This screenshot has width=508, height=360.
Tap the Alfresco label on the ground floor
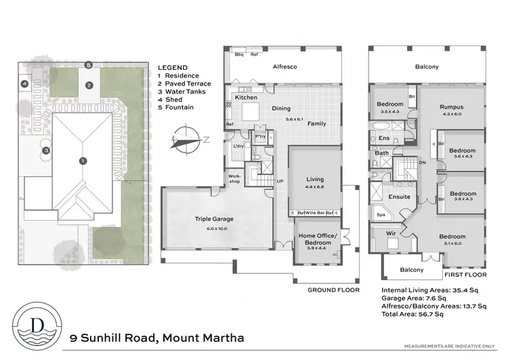click(285, 67)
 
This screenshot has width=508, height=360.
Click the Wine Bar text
click(314, 213)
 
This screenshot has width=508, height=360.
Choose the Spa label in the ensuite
click(381, 216)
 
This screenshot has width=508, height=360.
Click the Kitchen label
click(245, 98)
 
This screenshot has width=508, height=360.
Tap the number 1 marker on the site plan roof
click(83, 161)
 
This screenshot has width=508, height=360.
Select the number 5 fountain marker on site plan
click(88, 64)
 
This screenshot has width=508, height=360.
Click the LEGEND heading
click(173, 68)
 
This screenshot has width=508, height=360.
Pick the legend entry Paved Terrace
click(184, 83)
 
